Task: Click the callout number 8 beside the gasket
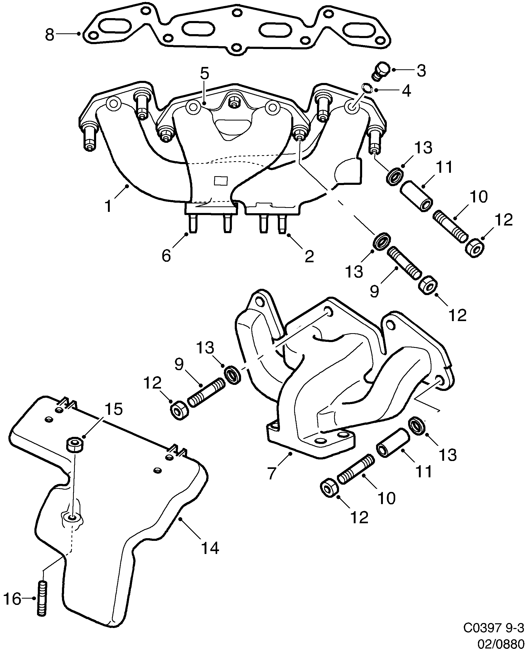(x=50, y=35)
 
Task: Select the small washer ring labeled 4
(x=366, y=87)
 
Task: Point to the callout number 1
(x=108, y=206)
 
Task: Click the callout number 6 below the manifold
(x=166, y=255)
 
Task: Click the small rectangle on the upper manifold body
(x=221, y=180)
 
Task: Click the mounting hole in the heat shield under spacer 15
(x=72, y=517)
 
